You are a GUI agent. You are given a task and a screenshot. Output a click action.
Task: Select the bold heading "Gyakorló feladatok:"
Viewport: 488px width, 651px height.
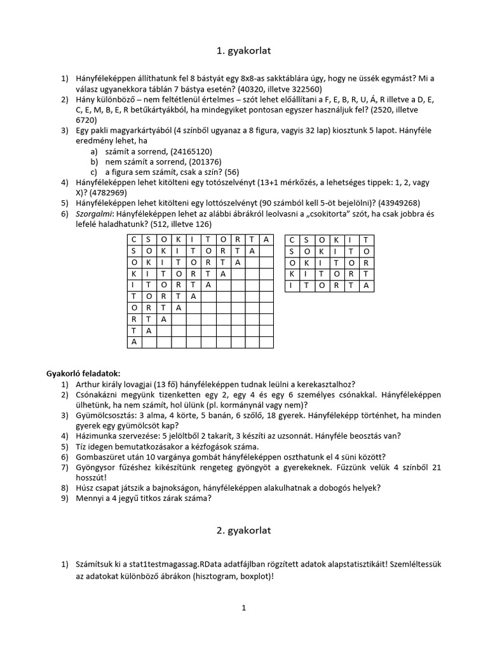click(x=84, y=373)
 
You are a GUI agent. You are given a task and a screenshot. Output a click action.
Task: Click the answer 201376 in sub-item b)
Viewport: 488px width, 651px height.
click(x=201, y=161)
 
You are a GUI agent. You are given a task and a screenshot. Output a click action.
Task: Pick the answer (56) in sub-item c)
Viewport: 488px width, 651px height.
click(x=231, y=172)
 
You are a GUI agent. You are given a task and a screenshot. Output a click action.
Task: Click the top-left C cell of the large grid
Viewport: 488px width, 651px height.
click(x=134, y=240)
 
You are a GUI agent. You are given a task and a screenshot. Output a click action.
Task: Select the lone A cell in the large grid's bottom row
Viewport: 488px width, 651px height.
click(x=134, y=342)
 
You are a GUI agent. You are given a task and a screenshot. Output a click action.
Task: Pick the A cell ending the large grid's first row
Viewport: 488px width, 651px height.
click(x=267, y=240)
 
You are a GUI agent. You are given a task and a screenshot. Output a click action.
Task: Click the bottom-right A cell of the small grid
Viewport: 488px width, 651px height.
click(x=366, y=285)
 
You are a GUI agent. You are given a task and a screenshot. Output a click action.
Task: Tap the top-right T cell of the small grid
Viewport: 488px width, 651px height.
click(x=366, y=240)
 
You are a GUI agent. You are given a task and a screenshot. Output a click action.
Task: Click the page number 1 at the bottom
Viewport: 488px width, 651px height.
click(x=243, y=608)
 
